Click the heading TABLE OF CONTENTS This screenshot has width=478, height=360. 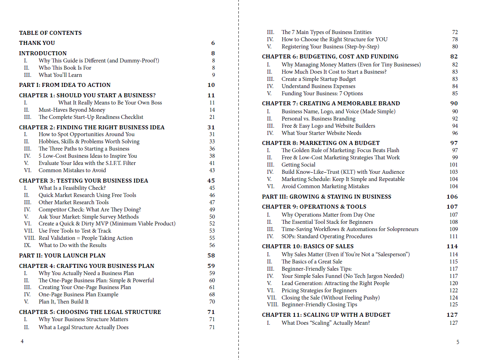click(50, 33)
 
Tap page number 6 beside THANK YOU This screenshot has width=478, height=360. click(213, 43)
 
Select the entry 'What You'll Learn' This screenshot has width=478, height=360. click(60, 75)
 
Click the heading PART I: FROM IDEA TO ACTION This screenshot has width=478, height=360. click(65, 85)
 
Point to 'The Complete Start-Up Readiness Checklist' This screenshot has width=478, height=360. click(91, 117)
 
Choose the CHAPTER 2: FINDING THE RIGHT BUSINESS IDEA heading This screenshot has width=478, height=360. click(92, 127)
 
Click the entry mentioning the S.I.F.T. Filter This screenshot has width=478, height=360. click(87, 163)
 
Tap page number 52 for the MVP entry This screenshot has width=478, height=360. click(212, 223)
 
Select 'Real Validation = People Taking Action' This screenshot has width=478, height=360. click(85, 238)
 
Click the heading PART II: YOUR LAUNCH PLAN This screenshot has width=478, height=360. click(62, 255)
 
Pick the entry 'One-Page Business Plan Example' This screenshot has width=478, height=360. click(79, 294)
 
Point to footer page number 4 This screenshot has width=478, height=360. click(22, 342)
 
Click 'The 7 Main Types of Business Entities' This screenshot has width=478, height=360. click(326, 32)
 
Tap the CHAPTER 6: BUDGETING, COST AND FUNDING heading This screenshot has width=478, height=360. click(330, 56)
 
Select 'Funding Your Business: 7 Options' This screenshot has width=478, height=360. click(317, 93)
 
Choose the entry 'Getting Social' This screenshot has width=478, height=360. click(298, 165)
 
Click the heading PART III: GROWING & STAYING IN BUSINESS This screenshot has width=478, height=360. click(327, 197)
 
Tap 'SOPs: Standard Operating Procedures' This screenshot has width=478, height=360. click(327, 236)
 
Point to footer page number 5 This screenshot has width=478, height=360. click(458, 342)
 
